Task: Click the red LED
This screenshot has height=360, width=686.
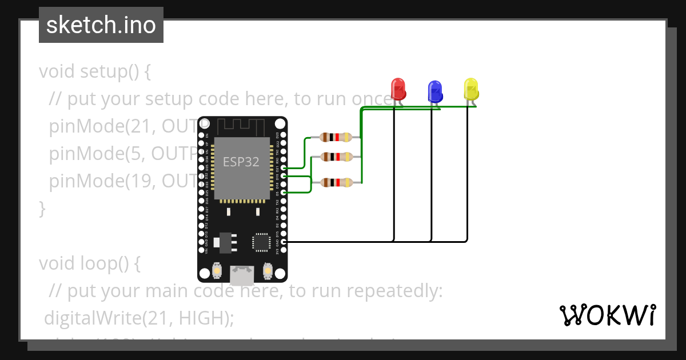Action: (398, 89)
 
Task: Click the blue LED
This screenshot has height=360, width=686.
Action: (435, 91)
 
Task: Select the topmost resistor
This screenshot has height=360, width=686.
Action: (336, 137)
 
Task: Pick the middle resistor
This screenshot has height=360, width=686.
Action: (336, 157)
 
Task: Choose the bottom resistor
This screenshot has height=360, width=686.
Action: (336, 183)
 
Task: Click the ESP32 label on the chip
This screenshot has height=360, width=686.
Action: (241, 162)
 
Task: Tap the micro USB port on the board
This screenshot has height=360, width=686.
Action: (242, 276)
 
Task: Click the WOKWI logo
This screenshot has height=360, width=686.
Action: (607, 315)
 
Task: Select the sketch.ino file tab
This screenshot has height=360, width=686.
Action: (101, 25)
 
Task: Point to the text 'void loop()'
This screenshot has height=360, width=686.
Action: (89, 263)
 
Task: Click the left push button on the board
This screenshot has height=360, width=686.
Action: (217, 270)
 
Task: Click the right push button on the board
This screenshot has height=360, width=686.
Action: (267, 270)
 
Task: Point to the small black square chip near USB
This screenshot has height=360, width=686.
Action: (262, 242)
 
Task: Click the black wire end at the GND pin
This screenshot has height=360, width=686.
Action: (284, 242)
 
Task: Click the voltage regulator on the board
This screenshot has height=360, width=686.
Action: (225, 242)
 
